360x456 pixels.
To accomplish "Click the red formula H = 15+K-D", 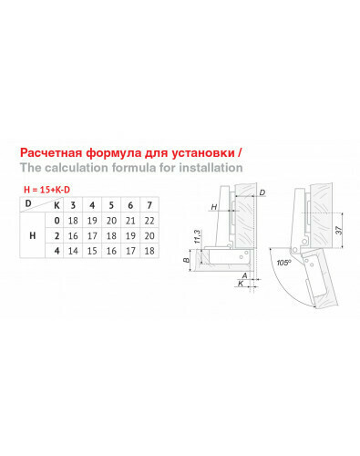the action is (x=46, y=190).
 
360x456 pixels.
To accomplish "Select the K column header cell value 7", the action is (x=149, y=205).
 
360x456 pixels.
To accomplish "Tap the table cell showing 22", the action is (x=149, y=221).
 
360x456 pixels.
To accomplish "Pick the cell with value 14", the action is (x=73, y=251).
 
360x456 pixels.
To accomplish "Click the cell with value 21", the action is (x=130, y=221).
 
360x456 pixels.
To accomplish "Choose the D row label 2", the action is (x=57, y=235).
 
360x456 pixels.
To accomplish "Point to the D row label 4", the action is (x=57, y=251).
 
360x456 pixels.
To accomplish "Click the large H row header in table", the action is (x=32, y=235).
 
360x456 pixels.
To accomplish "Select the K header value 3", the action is (x=73, y=205).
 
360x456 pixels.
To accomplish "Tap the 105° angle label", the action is (x=283, y=263).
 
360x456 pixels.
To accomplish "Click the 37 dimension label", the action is (x=339, y=230).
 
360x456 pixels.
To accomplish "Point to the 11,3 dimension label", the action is (x=197, y=236).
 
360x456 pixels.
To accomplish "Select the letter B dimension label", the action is (x=186, y=260).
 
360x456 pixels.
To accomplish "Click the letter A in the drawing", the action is (x=244, y=275).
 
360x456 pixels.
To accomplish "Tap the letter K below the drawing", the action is (x=241, y=284).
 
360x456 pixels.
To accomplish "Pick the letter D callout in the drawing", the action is (x=262, y=192).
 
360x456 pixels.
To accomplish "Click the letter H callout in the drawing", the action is (x=214, y=207).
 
